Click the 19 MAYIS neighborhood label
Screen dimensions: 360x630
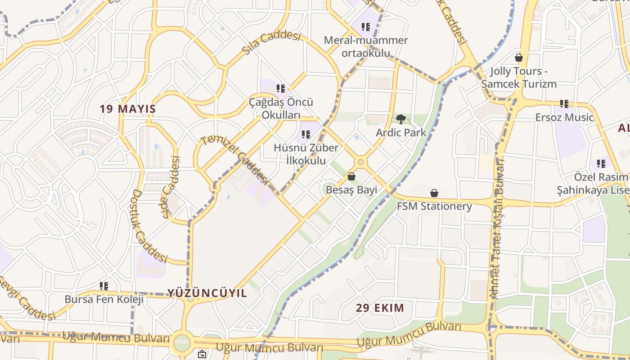tap(128, 109)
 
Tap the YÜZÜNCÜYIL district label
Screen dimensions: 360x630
tap(207, 293)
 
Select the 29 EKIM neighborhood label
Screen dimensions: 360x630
tap(380, 308)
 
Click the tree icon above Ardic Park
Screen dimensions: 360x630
tap(400, 119)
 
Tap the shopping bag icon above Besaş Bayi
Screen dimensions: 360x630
tap(351, 176)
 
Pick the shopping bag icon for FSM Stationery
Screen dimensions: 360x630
tap(434, 193)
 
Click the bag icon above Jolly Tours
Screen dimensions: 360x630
tap(519, 58)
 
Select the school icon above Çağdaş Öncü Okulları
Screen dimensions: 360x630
tap(281, 89)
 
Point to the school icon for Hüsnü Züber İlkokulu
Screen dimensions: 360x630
tap(306, 134)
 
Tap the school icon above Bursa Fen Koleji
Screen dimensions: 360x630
tap(104, 286)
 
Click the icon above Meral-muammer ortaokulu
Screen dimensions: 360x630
tap(366, 27)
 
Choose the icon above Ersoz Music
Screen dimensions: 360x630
tap(564, 104)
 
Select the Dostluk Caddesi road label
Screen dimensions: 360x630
tap(148, 226)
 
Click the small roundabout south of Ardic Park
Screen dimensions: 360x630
tap(360, 162)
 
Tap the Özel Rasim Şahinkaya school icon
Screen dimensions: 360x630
tap(601, 163)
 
